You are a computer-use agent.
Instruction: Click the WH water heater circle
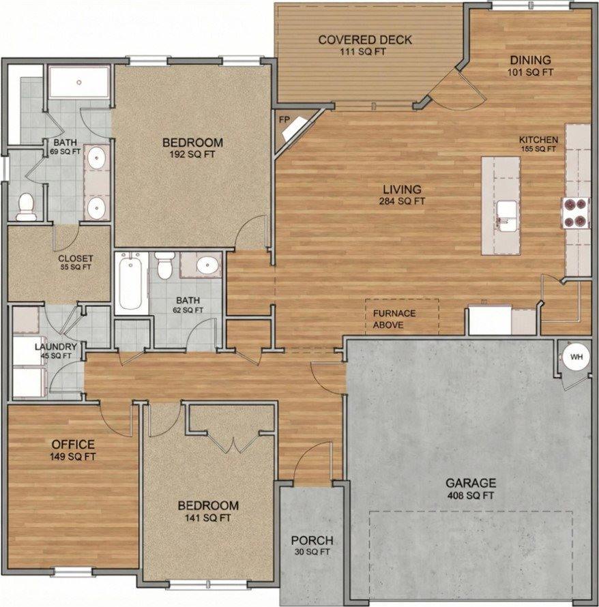coord(576,357)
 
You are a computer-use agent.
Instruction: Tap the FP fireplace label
coord(284,119)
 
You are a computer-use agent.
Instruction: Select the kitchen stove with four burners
coord(575,213)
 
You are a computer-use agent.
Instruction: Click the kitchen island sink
coord(507,216)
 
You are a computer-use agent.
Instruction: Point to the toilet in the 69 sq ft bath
coord(26,207)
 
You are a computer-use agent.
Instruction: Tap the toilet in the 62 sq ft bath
coord(165,265)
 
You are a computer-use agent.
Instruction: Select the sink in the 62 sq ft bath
coord(208,265)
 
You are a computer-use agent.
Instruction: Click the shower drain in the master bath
coord(79,82)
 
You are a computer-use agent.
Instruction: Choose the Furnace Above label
coord(394,319)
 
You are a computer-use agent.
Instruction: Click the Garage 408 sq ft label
coord(471,488)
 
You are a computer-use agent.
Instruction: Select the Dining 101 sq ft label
coord(530,65)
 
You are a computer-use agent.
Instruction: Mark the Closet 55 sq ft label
coord(76,262)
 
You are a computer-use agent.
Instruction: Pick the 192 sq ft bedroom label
coord(192,148)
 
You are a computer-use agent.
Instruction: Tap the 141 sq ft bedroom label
coord(208,511)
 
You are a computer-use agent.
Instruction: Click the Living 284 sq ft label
coord(402,195)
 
